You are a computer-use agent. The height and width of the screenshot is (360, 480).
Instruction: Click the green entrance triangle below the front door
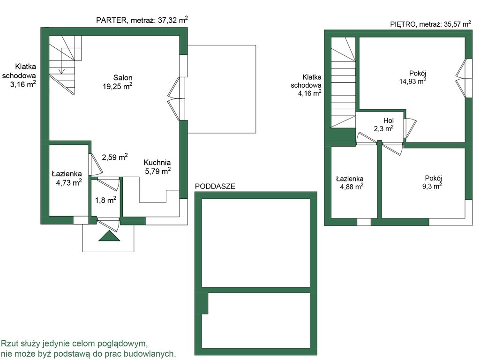point(109,236)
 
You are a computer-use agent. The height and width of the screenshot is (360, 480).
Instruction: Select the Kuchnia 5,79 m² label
point(157,167)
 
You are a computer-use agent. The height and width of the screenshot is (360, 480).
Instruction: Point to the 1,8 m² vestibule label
point(105,200)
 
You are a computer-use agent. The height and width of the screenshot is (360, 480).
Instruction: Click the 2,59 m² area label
point(115,157)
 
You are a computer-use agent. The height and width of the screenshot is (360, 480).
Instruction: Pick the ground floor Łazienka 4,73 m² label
point(67,178)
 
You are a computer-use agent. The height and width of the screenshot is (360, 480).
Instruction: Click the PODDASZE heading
point(215,186)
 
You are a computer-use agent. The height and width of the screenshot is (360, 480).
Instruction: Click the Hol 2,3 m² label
point(384,125)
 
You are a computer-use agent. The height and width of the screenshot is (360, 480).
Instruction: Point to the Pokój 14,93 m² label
point(413,77)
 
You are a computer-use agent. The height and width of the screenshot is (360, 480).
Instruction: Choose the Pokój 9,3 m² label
point(432,182)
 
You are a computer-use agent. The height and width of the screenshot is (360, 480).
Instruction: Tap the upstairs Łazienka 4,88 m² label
point(350,182)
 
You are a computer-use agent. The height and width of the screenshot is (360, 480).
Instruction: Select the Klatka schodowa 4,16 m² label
point(306,85)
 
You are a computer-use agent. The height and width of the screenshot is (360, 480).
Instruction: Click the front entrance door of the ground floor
point(108,225)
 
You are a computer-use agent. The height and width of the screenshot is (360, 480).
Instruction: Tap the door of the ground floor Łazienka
point(95,165)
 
